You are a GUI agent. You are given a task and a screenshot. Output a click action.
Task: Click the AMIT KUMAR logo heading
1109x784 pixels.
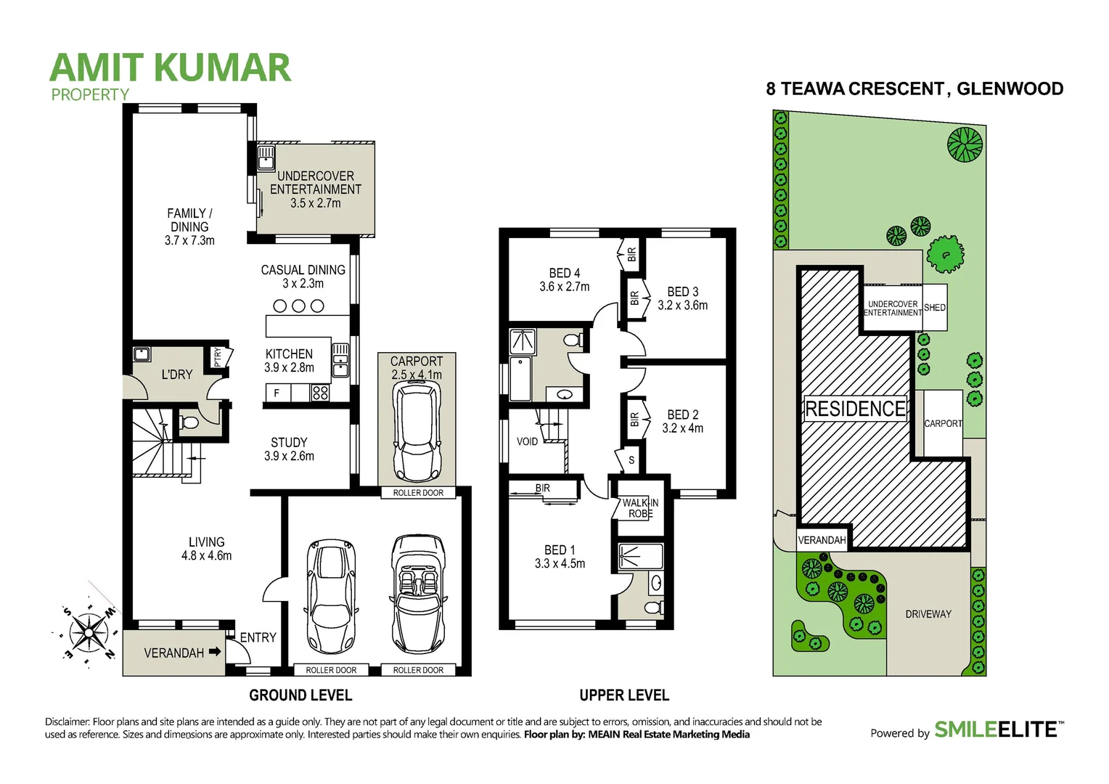pyautogui.click(x=170, y=68)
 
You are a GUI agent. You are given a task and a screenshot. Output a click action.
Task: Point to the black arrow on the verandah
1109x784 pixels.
pyautogui.click(x=215, y=652)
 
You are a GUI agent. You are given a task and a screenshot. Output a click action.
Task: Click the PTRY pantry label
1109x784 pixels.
pyautogui.click(x=218, y=356)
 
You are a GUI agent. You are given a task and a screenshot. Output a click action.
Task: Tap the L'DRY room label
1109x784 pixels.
pyautogui.click(x=176, y=375)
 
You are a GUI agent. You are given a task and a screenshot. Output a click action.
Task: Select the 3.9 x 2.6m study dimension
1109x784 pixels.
pyautogui.click(x=289, y=456)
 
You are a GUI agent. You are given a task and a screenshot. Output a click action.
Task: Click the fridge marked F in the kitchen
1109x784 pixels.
pyautogui.click(x=277, y=393)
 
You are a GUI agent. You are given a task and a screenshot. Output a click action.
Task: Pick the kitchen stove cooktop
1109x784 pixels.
pyautogui.click(x=320, y=393)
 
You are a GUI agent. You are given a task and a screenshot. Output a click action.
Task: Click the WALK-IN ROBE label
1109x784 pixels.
pyautogui.click(x=640, y=508)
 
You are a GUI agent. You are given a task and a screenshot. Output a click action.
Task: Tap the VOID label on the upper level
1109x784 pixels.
pyautogui.click(x=527, y=441)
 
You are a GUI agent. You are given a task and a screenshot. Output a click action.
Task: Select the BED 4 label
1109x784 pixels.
pyautogui.click(x=564, y=273)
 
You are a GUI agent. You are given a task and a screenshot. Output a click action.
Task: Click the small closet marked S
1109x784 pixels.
pyautogui.click(x=631, y=460)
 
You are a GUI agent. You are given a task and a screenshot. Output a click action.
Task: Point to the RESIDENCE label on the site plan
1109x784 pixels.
pyautogui.click(x=856, y=409)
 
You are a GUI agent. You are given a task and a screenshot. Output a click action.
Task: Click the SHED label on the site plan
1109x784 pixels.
pyautogui.click(x=935, y=308)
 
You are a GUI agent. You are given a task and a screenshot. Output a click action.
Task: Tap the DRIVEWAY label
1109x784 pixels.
pyautogui.click(x=928, y=614)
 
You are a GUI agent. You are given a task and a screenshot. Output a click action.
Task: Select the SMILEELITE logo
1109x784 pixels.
pyautogui.click(x=998, y=730)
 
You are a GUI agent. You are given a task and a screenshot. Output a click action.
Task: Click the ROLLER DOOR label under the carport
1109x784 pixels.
pyautogui.click(x=418, y=493)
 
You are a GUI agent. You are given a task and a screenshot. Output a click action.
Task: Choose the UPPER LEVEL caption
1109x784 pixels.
pyautogui.click(x=624, y=695)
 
